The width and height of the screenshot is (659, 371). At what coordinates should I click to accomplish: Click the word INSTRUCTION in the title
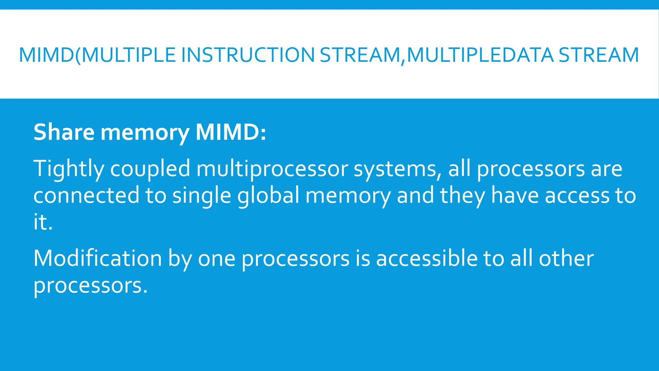pyautogui.click(x=248, y=55)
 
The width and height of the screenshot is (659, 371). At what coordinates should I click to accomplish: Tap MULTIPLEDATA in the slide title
pyautogui.click(x=480, y=55)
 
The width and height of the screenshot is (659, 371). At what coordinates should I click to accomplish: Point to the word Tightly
pyautogui.click(x=69, y=169)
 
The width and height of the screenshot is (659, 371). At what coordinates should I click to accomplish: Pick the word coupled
pyautogui.click(x=150, y=169)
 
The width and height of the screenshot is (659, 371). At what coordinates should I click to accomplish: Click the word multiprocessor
pyautogui.click(x=272, y=169)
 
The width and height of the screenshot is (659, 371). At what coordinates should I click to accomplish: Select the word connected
pyautogui.click(x=86, y=195)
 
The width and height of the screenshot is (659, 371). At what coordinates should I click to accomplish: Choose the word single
pyautogui.click(x=201, y=195)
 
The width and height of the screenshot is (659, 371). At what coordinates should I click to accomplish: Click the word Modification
pyautogui.click(x=97, y=258)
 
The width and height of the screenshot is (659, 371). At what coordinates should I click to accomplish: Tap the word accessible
pyautogui.click(x=427, y=258)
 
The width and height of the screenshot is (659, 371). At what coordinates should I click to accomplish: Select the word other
pyautogui.click(x=566, y=258)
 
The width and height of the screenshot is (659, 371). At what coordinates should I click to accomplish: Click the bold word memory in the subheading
pyautogui.click(x=145, y=133)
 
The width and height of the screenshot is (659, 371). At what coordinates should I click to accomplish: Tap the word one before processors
pyautogui.click(x=217, y=259)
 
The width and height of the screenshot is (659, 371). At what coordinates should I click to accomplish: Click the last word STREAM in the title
pyautogui.click(x=599, y=55)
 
